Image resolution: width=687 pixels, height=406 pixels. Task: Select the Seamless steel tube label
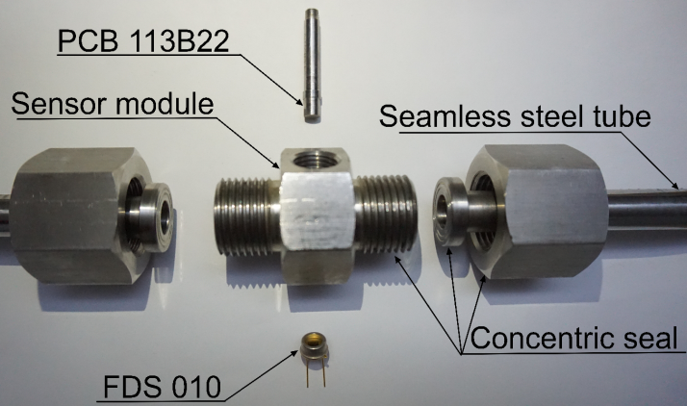click(x=515, y=118)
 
